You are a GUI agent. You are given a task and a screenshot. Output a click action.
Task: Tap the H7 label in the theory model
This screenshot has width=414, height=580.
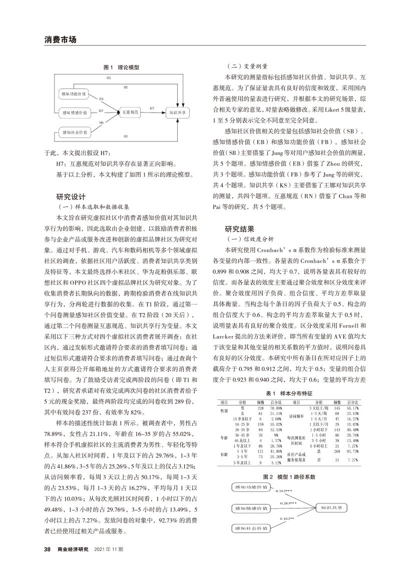(152, 108)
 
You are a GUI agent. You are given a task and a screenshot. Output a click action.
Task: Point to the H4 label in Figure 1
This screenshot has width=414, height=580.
(101, 99)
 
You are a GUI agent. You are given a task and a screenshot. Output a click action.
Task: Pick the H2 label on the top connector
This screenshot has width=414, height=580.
(109, 78)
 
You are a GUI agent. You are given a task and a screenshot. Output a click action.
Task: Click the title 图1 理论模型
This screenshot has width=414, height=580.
(121, 66)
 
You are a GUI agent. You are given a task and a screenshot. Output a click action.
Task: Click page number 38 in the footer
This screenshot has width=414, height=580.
(48, 548)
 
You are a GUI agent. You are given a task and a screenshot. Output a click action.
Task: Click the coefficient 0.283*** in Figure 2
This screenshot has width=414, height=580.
(289, 503)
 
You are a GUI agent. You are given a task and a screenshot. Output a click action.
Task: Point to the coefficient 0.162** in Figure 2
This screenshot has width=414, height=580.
(288, 519)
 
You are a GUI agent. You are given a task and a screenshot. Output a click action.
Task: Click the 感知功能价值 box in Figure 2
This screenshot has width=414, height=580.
(251, 486)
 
